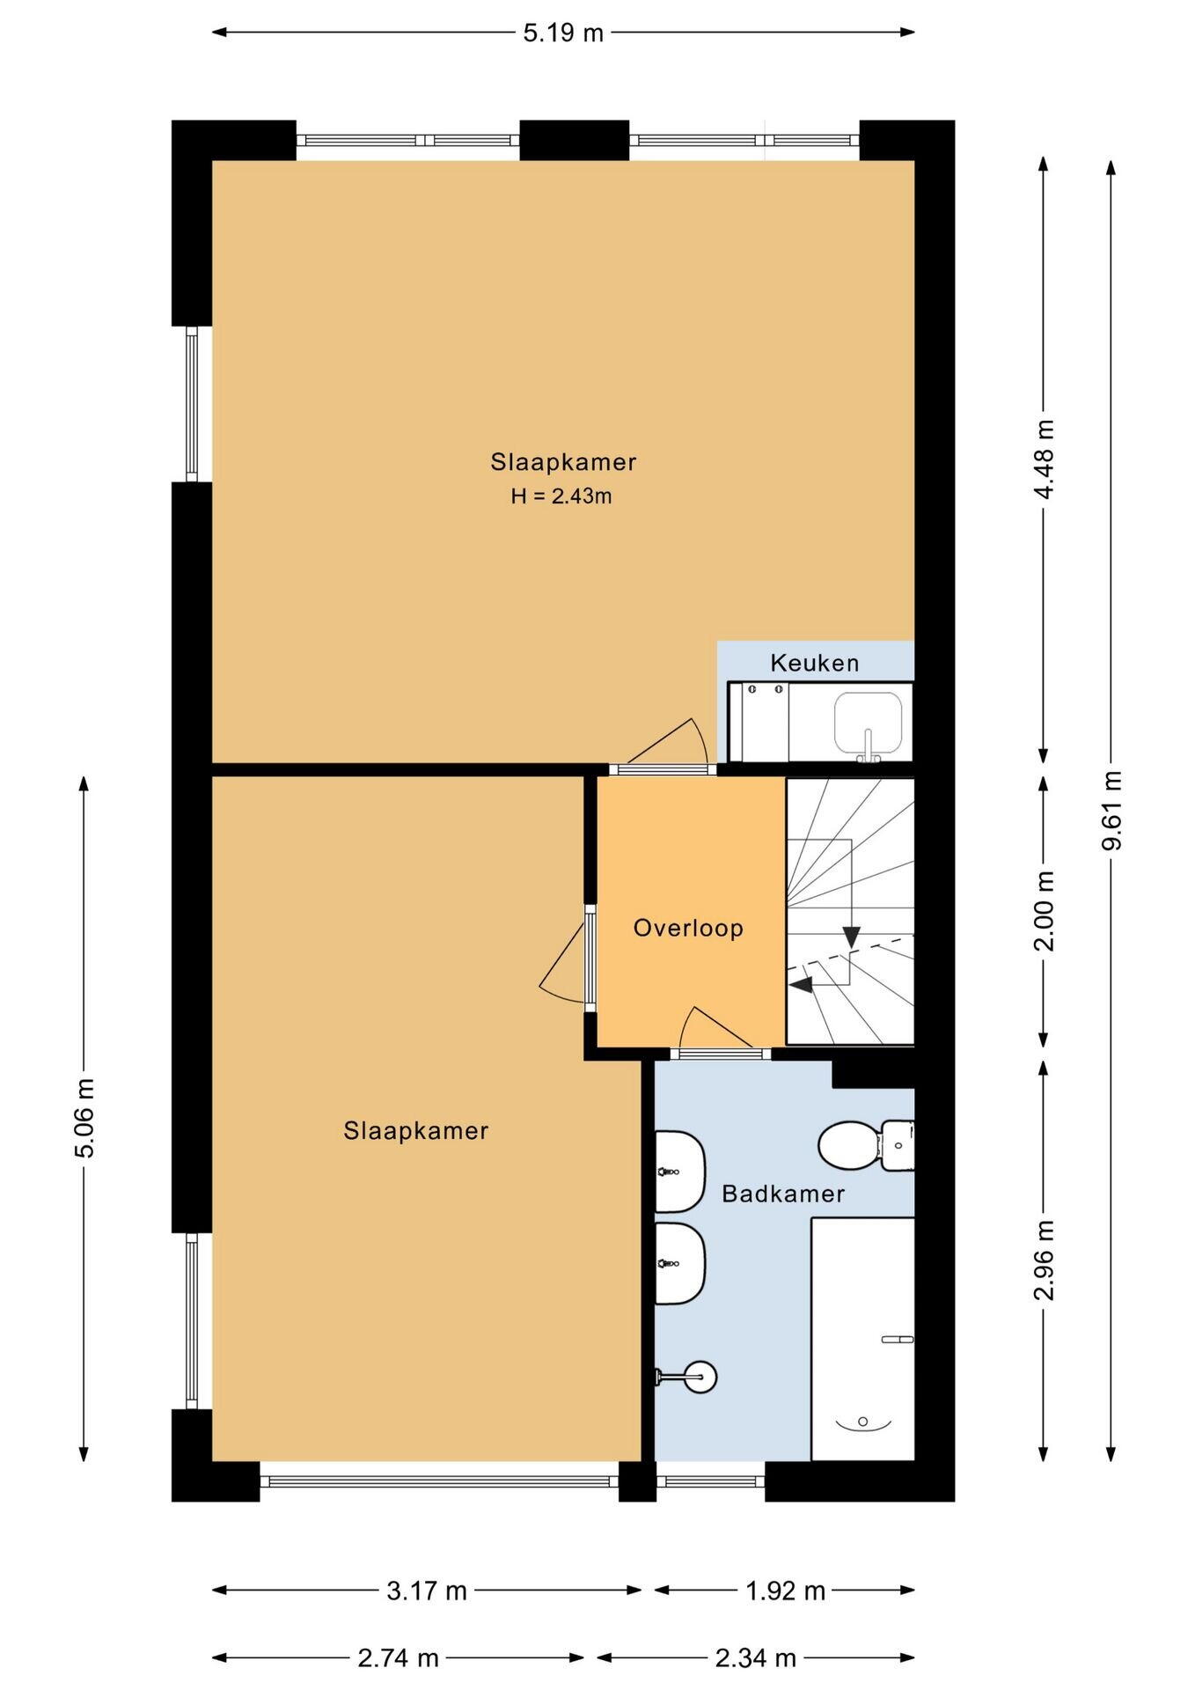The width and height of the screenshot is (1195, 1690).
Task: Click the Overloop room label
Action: click(688, 928)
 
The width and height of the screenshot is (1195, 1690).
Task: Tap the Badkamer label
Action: click(783, 1194)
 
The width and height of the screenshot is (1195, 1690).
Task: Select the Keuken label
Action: click(815, 663)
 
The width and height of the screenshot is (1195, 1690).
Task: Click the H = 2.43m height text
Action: click(561, 496)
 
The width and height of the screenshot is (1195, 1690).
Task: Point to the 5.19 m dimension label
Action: click(563, 33)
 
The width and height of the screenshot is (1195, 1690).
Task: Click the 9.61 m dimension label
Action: click(1111, 810)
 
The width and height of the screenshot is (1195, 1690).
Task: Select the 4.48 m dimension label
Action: click(1044, 459)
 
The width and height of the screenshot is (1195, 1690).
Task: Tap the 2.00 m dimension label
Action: click(1044, 911)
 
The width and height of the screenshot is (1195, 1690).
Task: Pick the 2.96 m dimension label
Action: click(1044, 1260)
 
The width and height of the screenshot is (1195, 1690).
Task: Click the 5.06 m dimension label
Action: click(84, 1118)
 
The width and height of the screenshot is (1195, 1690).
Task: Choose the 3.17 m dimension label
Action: click(427, 1591)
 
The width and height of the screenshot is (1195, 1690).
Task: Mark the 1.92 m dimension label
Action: click(785, 1591)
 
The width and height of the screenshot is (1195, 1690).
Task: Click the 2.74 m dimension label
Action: click(398, 1658)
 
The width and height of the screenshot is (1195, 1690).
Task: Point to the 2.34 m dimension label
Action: click(755, 1658)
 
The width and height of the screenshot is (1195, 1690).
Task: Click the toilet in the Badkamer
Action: click(866, 1145)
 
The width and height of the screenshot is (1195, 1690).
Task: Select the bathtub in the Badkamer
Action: click(862, 1339)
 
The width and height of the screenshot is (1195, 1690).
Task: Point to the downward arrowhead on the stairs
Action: click(851, 937)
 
